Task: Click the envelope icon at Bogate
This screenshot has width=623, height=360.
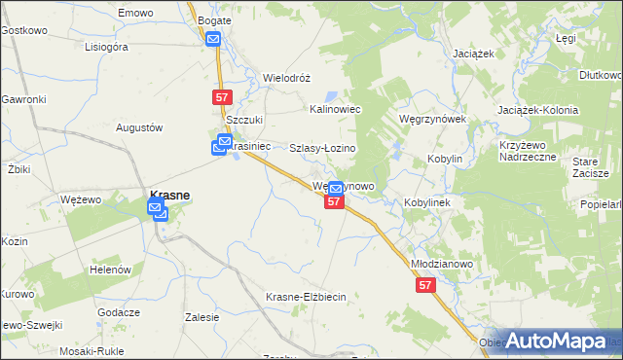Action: [x=214, y=39]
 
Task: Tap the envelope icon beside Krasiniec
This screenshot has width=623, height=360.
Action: [x=221, y=147]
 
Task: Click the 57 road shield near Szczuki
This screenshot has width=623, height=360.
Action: [x=221, y=97]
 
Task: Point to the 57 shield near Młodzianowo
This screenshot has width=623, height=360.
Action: [x=424, y=285]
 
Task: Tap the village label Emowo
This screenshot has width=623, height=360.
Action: [x=135, y=12]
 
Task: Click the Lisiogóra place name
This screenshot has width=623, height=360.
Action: [x=107, y=46]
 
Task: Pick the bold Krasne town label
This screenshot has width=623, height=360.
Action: [x=168, y=193]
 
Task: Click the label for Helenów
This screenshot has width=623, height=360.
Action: [x=110, y=269]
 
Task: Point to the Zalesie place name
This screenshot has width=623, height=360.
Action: [x=201, y=317]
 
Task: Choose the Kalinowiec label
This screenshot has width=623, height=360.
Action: [x=335, y=110]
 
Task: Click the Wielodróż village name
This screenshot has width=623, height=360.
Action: [x=286, y=77]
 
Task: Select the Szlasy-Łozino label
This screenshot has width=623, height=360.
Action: [x=323, y=148]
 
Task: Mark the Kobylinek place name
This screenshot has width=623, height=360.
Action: [x=425, y=202]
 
